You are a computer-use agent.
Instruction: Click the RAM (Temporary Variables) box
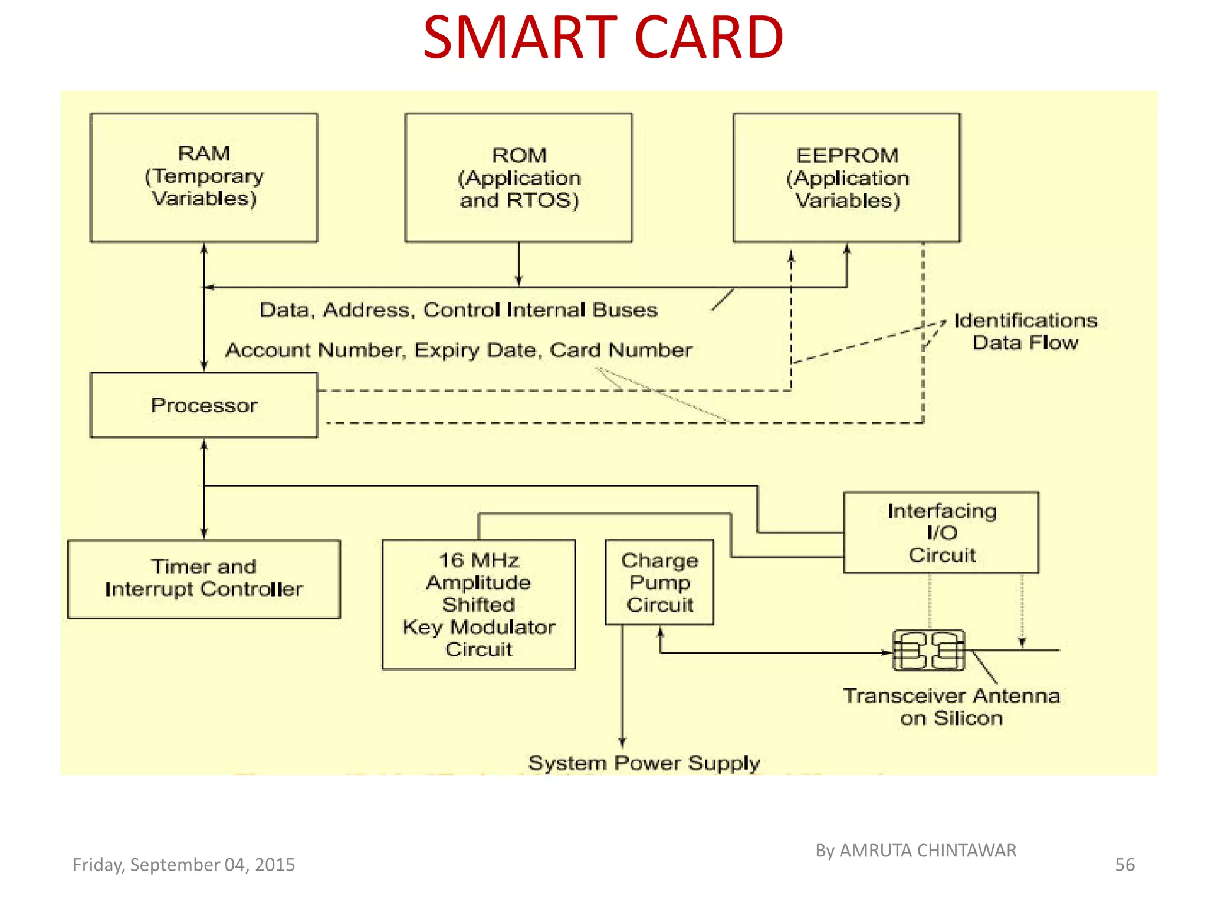click(x=203, y=178)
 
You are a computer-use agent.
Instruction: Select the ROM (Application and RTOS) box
click(x=518, y=178)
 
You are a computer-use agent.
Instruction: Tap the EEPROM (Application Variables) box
click(x=846, y=178)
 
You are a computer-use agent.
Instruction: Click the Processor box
click(x=203, y=405)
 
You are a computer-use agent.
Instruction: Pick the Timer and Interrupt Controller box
click(x=203, y=579)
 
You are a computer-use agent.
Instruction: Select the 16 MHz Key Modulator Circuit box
click(x=478, y=604)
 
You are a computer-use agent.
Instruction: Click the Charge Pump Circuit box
click(x=659, y=582)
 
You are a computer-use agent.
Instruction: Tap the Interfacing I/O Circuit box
click(x=941, y=532)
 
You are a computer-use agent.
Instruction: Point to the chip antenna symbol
click(x=928, y=650)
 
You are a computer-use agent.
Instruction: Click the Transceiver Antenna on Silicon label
click(x=951, y=707)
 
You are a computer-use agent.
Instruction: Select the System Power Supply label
click(x=644, y=763)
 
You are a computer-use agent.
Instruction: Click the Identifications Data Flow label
click(x=1025, y=331)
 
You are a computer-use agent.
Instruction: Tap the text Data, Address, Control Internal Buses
click(x=458, y=310)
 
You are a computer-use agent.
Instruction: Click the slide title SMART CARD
click(x=603, y=38)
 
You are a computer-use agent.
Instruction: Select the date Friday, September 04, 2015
click(x=183, y=865)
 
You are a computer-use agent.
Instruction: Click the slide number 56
click(x=1124, y=865)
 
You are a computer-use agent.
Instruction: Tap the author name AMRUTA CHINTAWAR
click(x=927, y=851)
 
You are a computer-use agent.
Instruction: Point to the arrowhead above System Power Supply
click(x=622, y=742)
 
